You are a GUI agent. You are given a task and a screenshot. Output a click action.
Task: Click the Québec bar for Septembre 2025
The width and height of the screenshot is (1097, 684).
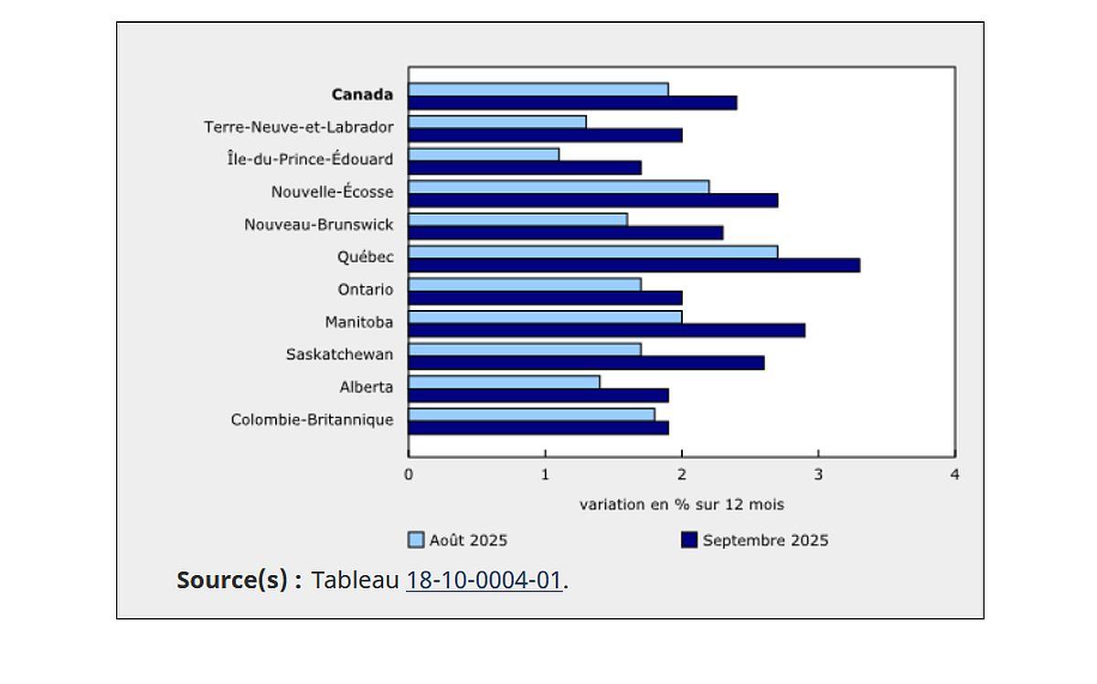pyautogui.click(x=634, y=265)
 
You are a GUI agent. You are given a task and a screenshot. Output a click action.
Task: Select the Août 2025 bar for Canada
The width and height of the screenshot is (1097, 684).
pyautogui.click(x=538, y=90)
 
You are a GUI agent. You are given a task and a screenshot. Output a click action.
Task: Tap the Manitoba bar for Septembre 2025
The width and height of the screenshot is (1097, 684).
pyautogui.click(x=606, y=330)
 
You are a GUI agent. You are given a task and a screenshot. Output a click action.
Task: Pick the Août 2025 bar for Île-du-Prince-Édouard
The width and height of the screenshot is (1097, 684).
pyautogui.click(x=484, y=155)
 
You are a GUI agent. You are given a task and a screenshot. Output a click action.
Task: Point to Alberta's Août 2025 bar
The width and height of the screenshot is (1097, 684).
pyautogui.click(x=504, y=382)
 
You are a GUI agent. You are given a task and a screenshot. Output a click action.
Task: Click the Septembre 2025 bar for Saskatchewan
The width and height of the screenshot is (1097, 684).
pyautogui.click(x=586, y=363)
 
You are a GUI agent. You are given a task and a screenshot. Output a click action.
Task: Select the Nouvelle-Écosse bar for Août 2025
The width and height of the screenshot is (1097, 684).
pyautogui.click(x=559, y=187)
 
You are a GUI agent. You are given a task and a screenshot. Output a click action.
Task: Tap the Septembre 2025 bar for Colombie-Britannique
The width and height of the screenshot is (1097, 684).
pyautogui.click(x=538, y=428)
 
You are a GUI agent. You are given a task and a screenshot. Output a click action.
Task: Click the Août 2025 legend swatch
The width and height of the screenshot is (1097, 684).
pyautogui.click(x=416, y=540)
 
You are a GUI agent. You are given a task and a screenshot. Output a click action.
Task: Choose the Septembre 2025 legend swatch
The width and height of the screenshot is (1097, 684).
pyautogui.click(x=689, y=540)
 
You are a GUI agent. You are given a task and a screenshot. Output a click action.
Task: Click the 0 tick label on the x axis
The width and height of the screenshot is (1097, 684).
pyautogui.click(x=409, y=475)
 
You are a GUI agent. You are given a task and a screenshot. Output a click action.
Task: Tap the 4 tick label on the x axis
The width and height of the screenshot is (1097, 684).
pyautogui.click(x=954, y=475)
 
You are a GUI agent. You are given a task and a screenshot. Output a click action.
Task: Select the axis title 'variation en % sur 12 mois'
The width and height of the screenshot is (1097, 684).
pyautogui.click(x=681, y=505)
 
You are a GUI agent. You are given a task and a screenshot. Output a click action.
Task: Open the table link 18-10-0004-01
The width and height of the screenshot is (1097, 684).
pyautogui.click(x=484, y=580)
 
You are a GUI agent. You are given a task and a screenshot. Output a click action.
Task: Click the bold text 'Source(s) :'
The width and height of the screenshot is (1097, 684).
pyautogui.click(x=239, y=580)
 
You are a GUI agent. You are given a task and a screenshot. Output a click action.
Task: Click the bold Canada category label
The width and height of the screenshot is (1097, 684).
pyautogui.click(x=362, y=94)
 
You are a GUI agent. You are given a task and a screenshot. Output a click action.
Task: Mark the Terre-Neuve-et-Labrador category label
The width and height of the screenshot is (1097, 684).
pyautogui.click(x=299, y=127)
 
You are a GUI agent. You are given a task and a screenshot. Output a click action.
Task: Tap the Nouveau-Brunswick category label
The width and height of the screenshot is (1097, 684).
pyautogui.click(x=319, y=224)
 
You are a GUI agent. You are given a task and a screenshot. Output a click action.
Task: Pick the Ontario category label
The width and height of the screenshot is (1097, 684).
pyautogui.click(x=366, y=289)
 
